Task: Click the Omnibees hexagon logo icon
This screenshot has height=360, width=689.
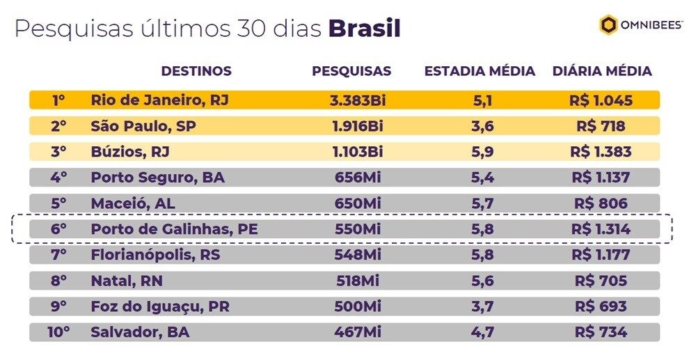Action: (x=609, y=26)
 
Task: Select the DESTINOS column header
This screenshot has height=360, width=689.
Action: (x=196, y=71)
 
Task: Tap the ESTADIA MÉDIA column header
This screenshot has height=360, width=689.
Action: (x=480, y=71)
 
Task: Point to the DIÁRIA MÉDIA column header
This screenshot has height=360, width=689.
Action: (x=602, y=71)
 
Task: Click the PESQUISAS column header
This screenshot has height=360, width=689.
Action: (x=351, y=71)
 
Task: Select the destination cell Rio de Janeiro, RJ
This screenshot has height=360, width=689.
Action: (x=159, y=100)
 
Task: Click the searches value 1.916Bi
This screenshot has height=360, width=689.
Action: (x=357, y=127)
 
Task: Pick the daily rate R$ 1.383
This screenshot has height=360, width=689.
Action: (x=601, y=152)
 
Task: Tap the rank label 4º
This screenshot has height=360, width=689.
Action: (x=59, y=178)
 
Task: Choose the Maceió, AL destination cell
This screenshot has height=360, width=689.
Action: (x=132, y=204)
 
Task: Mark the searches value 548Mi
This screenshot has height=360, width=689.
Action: (x=357, y=255)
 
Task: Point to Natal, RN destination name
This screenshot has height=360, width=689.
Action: (x=127, y=281)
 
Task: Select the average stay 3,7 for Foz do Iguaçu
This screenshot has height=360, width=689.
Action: (x=482, y=306)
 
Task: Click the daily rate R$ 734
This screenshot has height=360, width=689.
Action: (x=601, y=332)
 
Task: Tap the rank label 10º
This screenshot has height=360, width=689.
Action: (x=59, y=332)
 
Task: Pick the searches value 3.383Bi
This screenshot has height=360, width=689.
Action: (x=357, y=100)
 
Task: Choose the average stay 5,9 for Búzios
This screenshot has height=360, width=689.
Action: (x=482, y=152)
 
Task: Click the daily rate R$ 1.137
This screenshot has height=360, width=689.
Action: (x=601, y=178)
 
